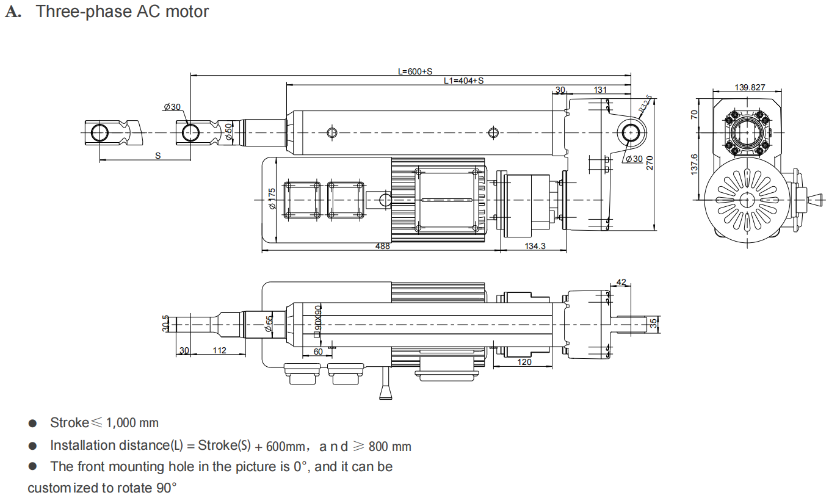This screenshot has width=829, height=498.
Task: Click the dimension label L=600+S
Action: (x=415, y=71)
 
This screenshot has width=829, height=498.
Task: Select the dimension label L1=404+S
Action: (x=463, y=81)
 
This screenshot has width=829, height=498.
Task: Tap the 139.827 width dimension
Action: (x=750, y=87)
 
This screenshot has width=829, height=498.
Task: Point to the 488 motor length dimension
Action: (x=382, y=246)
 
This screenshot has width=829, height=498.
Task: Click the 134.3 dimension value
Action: (x=535, y=246)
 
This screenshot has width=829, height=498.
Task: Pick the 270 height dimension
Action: (x=650, y=163)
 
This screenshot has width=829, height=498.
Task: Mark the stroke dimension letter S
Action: (x=158, y=156)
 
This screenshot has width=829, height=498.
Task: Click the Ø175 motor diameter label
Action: (x=272, y=199)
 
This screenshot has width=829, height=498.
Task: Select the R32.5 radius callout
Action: (x=645, y=104)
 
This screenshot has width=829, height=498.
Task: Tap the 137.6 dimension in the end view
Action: (x=694, y=164)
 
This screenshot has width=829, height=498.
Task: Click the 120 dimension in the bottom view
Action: (x=524, y=362)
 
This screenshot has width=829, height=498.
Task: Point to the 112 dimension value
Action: (x=219, y=350)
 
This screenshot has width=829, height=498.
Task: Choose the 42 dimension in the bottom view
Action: (x=621, y=282)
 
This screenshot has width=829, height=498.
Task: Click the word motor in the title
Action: (x=187, y=12)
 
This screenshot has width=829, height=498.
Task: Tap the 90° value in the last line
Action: (x=166, y=488)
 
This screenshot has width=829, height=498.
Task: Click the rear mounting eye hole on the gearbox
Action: (x=631, y=133)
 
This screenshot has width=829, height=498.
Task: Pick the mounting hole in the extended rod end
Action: (x=99, y=133)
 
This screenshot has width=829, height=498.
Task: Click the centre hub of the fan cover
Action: (x=747, y=200)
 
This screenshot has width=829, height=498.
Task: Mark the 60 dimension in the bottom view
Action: (x=318, y=352)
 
